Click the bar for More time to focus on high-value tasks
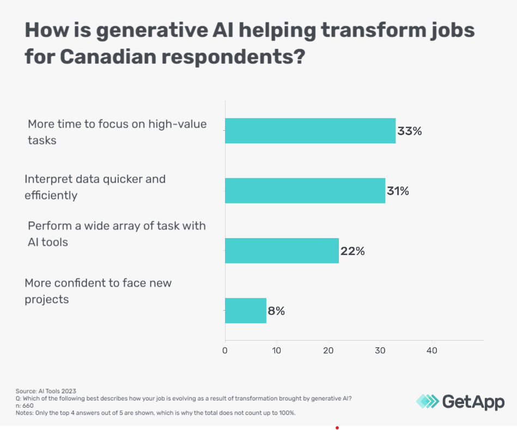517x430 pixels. pos(310,131)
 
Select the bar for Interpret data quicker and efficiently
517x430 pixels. pos(305,191)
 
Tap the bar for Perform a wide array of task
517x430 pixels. pos(282,251)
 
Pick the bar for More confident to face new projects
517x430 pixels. pos(246,311)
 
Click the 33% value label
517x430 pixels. pos(410,131)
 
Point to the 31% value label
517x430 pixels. pos(398,191)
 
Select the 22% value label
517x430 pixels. pos(352,251)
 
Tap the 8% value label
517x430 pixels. pos(276,311)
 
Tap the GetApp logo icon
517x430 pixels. pos(427,402)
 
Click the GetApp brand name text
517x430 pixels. pos(473,402)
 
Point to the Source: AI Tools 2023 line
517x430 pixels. pos(46,391)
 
